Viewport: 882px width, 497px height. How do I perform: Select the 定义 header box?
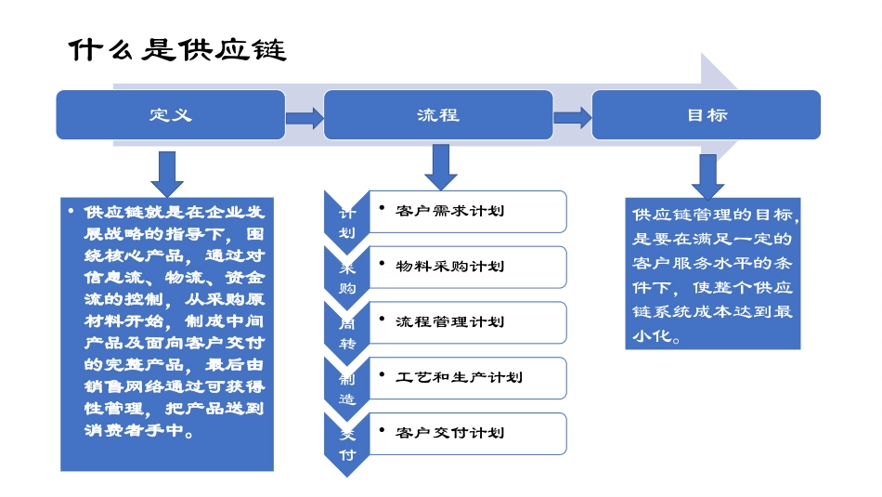pyautogui.click(x=171, y=115)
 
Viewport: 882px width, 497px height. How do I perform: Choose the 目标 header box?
pyautogui.click(x=706, y=115)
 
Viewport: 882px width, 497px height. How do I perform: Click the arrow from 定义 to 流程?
pyautogui.click(x=304, y=118)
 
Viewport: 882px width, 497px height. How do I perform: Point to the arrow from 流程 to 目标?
pyautogui.click(x=572, y=118)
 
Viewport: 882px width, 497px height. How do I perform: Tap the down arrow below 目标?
pyautogui.click(x=707, y=176)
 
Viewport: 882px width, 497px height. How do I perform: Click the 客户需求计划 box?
pyautogui.click(x=467, y=212)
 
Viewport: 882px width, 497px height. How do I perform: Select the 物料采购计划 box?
pyautogui.click(x=467, y=267)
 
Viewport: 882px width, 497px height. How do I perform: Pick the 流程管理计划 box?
pyautogui.click(x=467, y=322)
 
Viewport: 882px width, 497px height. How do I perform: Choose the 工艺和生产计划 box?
pyautogui.click(x=467, y=377)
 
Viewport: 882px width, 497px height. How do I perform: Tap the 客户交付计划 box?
pyautogui.click(x=467, y=433)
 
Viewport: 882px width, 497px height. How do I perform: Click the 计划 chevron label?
pyautogui.click(x=346, y=222)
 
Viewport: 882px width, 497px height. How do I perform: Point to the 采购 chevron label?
pyautogui.click(x=346, y=277)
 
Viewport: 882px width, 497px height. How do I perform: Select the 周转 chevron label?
pyautogui.click(x=346, y=333)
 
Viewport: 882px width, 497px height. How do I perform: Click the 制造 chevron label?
pyautogui.click(x=346, y=388)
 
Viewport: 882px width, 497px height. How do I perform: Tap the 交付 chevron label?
pyautogui.click(x=346, y=443)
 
